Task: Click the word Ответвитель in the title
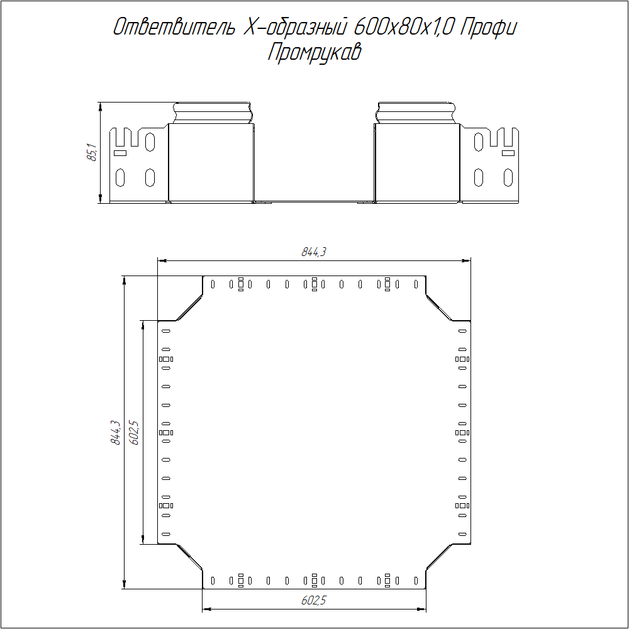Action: point(174,27)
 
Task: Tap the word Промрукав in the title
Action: point(314,53)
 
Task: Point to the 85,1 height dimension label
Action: point(92,152)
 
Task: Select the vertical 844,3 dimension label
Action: point(116,433)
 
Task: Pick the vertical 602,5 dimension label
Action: point(134,433)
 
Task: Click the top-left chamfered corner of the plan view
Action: point(189,308)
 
